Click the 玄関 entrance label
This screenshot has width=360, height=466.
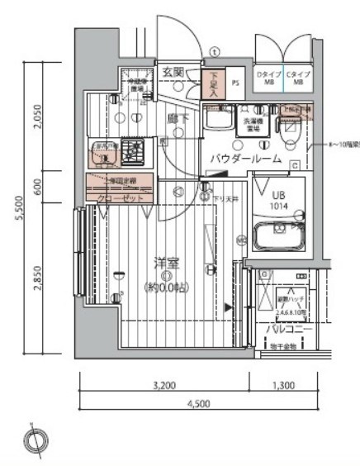(173, 71)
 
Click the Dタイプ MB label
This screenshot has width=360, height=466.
(270, 78)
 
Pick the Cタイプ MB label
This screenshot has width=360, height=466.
(297, 78)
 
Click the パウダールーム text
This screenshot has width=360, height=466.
(244, 158)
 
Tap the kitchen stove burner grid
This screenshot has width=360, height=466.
(130, 151)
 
